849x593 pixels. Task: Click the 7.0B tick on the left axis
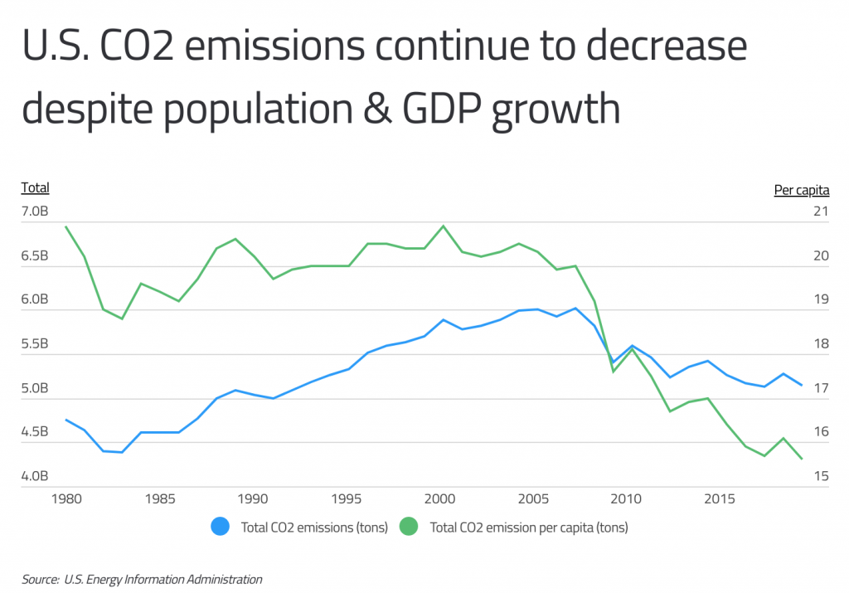coord(35,212)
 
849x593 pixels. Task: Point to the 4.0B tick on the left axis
coord(35,477)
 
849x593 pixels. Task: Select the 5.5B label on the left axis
coord(35,344)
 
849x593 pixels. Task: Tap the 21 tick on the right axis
coord(821,212)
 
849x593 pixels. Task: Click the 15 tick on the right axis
coord(821,477)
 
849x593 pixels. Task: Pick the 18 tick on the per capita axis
coord(821,344)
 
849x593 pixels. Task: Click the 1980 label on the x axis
coord(65,499)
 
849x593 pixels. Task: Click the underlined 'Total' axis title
coord(35,188)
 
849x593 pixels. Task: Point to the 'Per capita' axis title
coord(801,190)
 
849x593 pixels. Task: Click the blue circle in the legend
coord(221,527)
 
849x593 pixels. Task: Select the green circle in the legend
coord(410,527)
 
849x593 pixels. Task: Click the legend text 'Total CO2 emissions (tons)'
coord(314,527)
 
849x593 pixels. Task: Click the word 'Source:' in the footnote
coord(40,580)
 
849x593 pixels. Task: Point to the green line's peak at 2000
coord(444,226)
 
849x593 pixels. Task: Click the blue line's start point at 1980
coord(66,420)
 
